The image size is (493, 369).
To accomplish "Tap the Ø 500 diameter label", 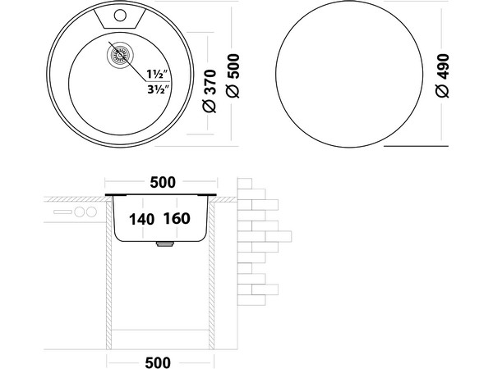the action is click(x=233, y=75).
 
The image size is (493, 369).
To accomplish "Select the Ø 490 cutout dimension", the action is click(x=442, y=75).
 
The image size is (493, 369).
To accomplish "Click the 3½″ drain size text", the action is click(x=159, y=89).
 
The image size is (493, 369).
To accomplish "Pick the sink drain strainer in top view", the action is click(x=120, y=55).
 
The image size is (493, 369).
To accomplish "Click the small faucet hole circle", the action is click(x=120, y=15).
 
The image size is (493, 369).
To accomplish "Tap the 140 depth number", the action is click(x=141, y=219).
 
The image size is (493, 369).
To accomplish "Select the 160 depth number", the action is click(x=177, y=218).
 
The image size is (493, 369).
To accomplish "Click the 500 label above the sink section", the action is click(x=163, y=182).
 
